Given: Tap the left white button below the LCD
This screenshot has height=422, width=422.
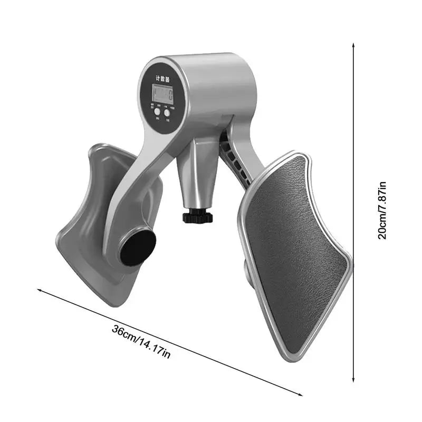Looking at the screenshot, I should click(157, 112).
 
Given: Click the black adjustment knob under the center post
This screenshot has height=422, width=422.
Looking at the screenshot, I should click(197, 217).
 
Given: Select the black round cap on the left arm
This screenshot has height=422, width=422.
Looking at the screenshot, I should click(138, 247).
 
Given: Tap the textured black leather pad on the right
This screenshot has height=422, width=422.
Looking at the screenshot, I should click(295, 248).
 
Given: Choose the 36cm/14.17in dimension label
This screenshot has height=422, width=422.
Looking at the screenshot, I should click(141, 342).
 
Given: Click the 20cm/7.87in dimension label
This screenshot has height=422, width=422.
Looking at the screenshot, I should click(382, 210).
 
